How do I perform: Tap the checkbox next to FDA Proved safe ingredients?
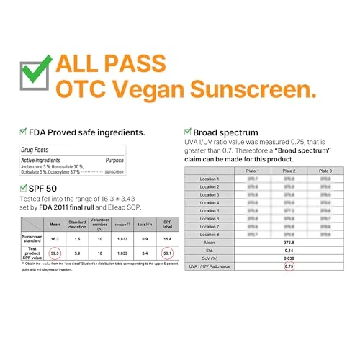click(22, 132)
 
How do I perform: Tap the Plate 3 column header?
click(325, 171)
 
